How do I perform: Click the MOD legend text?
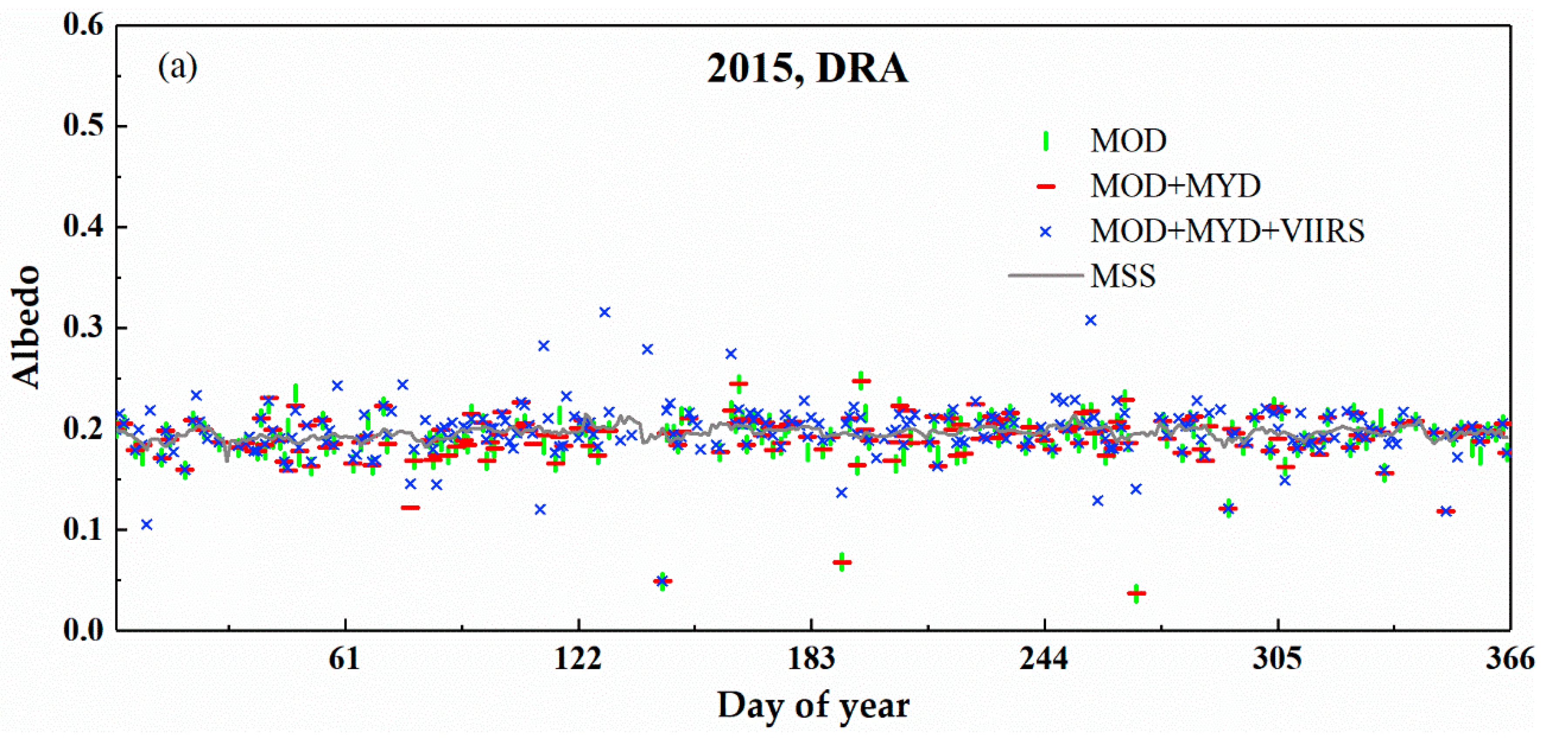pyautogui.click(x=1128, y=141)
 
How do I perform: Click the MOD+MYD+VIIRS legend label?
pyautogui.click(x=1227, y=231)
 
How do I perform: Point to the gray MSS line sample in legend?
pyautogui.click(x=1045, y=276)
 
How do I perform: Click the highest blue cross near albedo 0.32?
pyautogui.click(x=605, y=312)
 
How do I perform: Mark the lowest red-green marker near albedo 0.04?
pyautogui.click(x=1136, y=593)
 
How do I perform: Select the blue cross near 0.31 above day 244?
pyautogui.click(x=1091, y=321)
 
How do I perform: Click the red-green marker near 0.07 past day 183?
pyautogui.click(x=842, y=563)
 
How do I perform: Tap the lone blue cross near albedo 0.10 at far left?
pyautogui.click(x=146, y=525)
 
